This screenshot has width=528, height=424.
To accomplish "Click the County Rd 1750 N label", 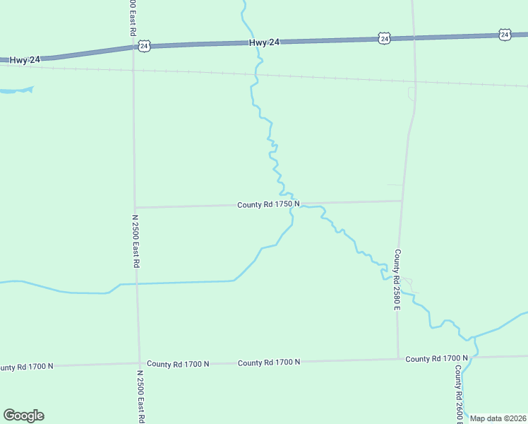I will (268, 204).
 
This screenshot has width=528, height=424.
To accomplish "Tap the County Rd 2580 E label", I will (397, 279).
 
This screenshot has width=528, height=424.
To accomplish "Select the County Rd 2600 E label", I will (459, 392).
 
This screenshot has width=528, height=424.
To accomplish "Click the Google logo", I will (23, 416).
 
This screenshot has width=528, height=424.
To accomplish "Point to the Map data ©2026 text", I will (498, 418).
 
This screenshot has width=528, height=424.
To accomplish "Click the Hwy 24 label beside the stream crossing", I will (265, 43).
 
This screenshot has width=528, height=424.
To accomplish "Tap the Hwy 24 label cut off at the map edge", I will (24, 60).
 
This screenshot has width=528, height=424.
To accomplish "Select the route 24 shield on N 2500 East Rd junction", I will (144, 46).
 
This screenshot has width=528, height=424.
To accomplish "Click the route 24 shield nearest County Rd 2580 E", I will (383, 38).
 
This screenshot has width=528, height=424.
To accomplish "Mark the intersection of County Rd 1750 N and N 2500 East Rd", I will (134, 207).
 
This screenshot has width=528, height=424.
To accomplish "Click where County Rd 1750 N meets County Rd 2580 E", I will (402, 201).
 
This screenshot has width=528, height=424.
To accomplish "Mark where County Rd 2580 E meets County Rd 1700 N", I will (398, 359).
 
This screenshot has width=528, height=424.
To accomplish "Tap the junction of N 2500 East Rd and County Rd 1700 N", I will (139, 364).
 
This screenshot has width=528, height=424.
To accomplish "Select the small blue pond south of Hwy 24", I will (16, 90).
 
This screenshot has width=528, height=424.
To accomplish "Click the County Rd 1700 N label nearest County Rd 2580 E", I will (436, 359).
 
